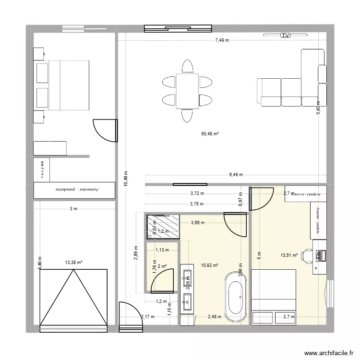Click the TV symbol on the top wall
tap(286, 36)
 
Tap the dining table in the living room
tap(187, 91)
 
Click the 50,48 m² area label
tap(210, 134)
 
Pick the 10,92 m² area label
tap(210, 264)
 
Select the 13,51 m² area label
tap(289, 256)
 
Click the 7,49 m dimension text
tap(221, 40)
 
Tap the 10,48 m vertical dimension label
tap(125, 181)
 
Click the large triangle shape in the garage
tap(73, 298)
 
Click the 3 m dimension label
tap(73, 209)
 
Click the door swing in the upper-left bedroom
tap(103, 130)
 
